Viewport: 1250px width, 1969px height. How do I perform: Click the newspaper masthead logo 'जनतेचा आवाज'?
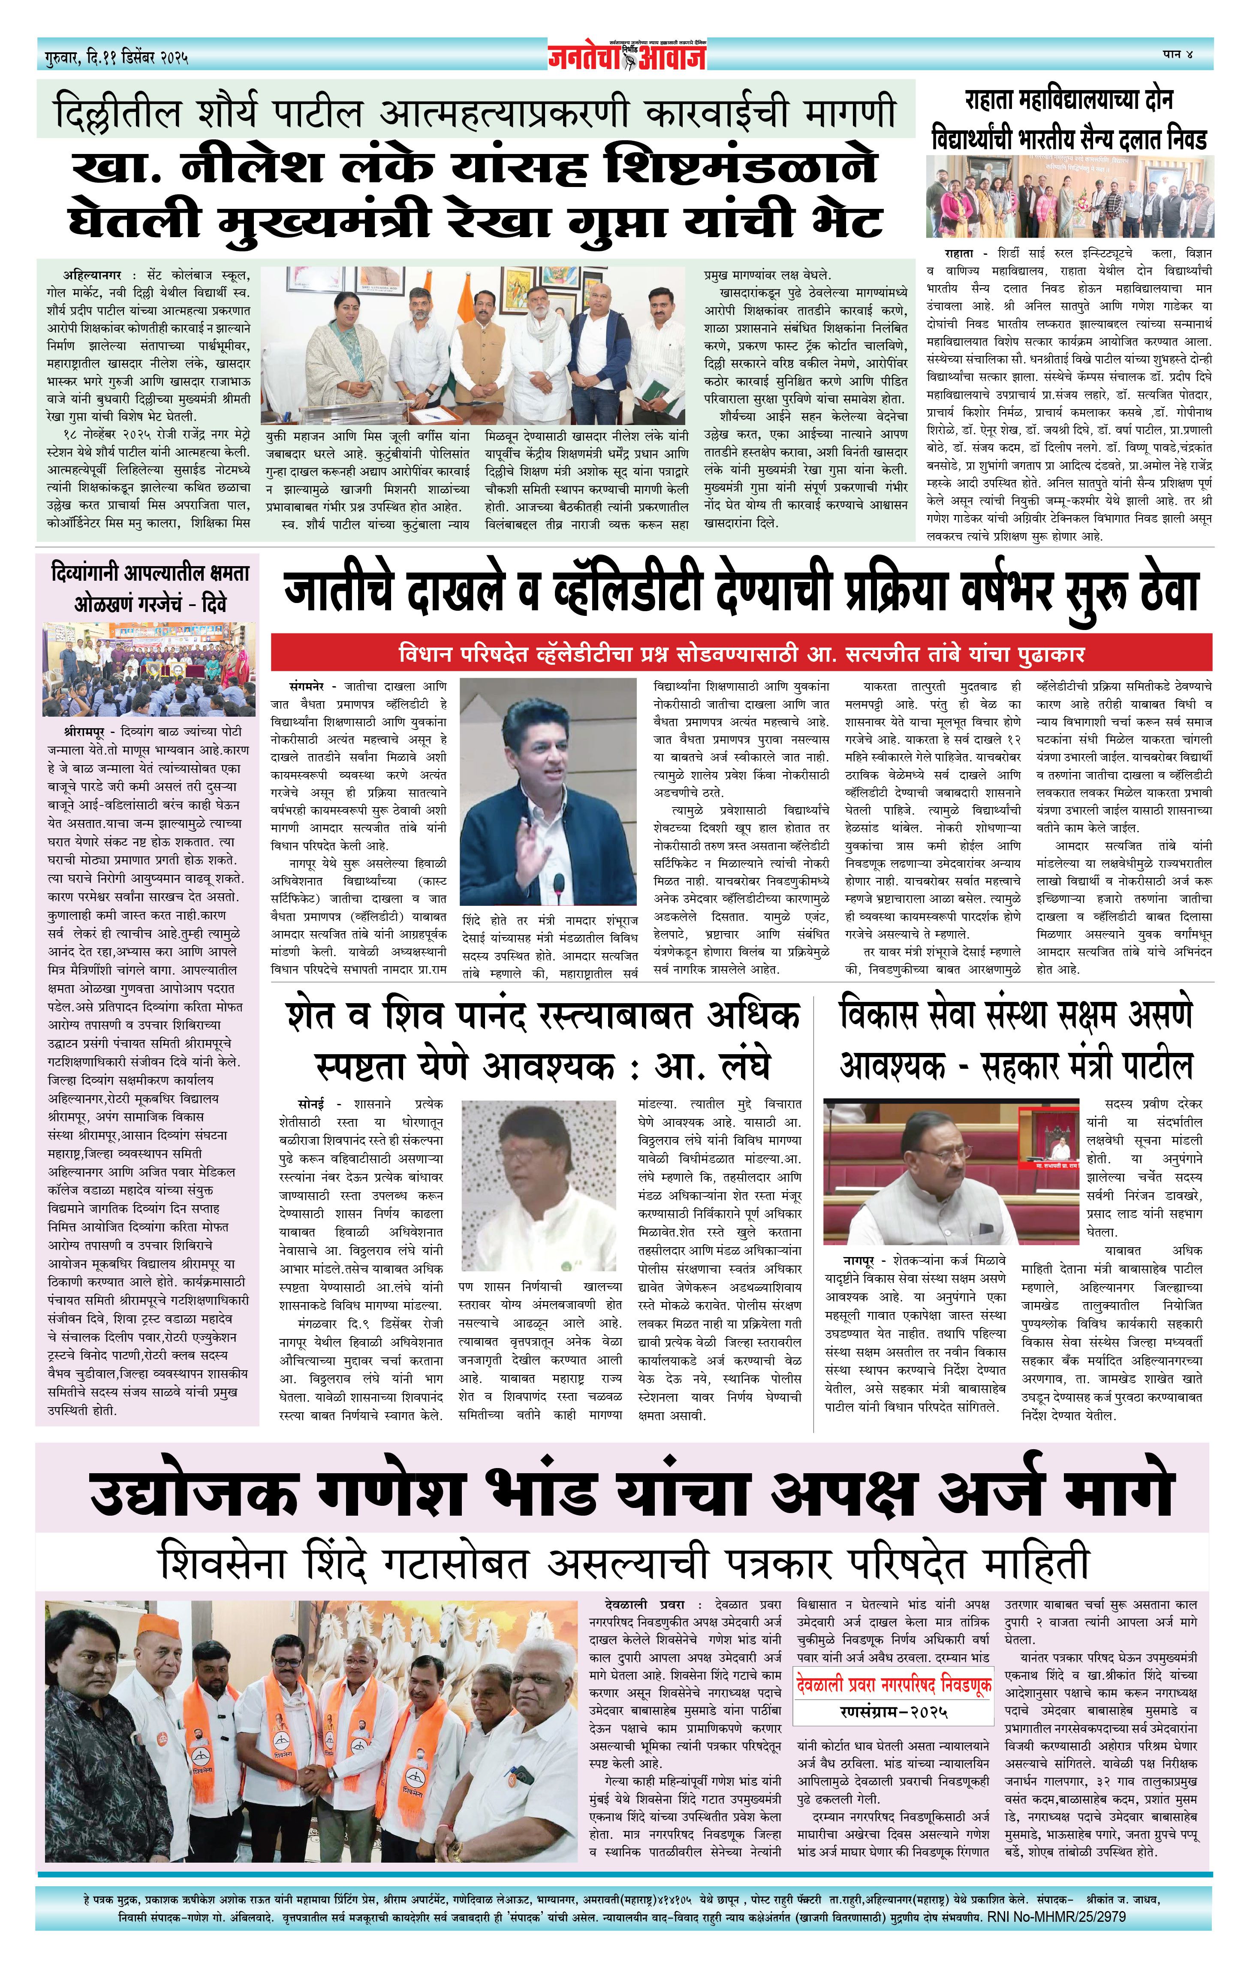(626, 56)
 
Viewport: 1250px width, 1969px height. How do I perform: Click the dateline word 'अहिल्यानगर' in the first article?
(92, 275)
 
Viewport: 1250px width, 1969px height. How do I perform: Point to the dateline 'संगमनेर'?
(307, 686)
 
